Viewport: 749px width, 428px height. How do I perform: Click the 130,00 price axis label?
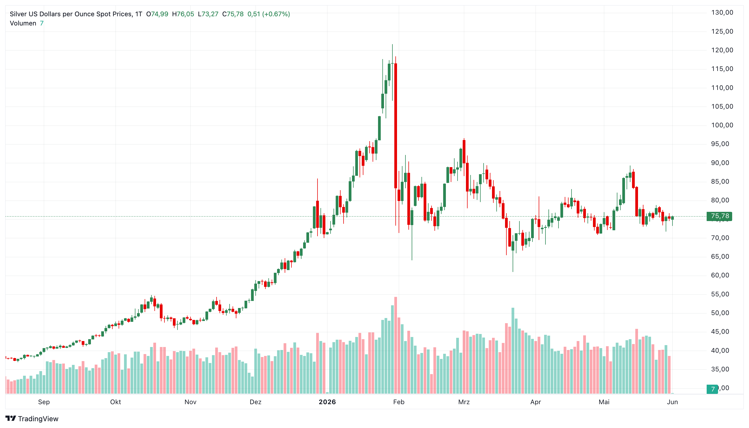(x=722, y=13)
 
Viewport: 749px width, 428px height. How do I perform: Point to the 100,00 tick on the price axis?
(x=722, y=125)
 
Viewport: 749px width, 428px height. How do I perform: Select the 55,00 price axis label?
(x=722, y=294)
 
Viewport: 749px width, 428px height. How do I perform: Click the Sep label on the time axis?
(x=44, y=402)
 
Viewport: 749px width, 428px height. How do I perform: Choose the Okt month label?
(x=115, y=402)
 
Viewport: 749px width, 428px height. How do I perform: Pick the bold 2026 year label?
(x=327, y=402)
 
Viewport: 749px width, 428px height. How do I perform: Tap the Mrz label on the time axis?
(x=464, y=402)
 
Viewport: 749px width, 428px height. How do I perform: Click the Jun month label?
(x=672, y=402)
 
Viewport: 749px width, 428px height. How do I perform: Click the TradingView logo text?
(x=38, y=419)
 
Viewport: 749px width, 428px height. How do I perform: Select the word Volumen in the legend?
(x=23, y=23)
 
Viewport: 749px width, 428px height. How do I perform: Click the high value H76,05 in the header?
(x=183, y=14)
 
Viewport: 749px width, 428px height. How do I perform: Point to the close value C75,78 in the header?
(x=233, y=14)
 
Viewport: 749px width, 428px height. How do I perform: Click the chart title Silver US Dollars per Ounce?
(x=71, y=14)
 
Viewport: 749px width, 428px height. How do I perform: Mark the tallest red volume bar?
(x=395, y=345)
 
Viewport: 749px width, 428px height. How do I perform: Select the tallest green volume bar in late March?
(x=513, y=351)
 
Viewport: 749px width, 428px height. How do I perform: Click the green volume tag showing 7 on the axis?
(x=712, y=389)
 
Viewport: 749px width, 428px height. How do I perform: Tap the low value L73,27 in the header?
(x=208, y=14)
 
